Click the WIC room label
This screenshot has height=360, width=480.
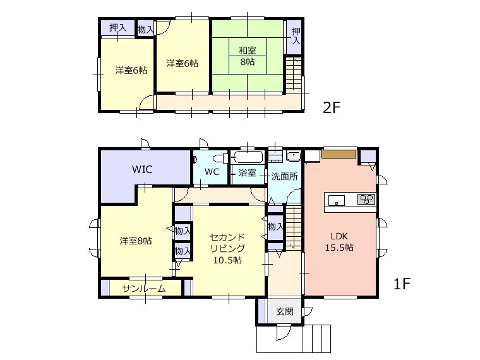[x=142, y=169]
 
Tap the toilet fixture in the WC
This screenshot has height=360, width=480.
[x=220, y=159]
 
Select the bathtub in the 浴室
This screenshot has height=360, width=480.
[x=248, y=158]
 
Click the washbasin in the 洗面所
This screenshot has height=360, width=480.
[x=294, y=156]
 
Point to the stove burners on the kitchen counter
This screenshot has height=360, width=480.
[x=366, y=200]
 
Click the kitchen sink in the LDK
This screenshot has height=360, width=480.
[x=337, y=201]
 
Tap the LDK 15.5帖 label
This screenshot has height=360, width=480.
[x=339, y=242]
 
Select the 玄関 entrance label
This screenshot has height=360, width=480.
[x=285, y=311]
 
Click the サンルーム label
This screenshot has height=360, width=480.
[x=143, y=289]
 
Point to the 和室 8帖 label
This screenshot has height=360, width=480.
[x=248, y=56]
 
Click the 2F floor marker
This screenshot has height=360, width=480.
[x=332, y=107]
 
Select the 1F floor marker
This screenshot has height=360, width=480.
[x=402, y=284]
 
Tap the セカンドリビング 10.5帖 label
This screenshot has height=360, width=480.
[x=227, y=249]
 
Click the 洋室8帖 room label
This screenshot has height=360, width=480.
[x=136, y=241]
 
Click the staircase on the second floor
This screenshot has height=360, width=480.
[x=294, y=73]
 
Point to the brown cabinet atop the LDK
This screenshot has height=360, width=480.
[x=339, y=153]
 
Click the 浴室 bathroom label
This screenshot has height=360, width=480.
[x=247, y=172]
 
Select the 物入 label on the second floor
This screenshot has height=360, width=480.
[x=145, y=30]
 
